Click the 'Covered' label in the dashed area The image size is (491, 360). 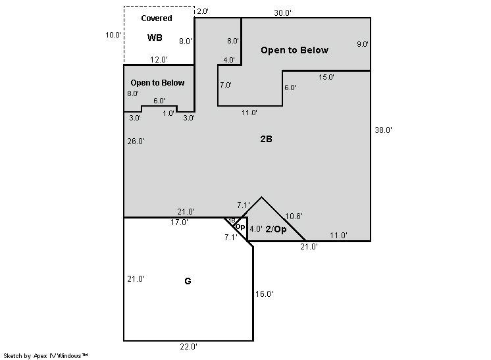coord(157,18)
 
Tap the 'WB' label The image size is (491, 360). coord(155,38)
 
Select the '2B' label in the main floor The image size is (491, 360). coord(266,139)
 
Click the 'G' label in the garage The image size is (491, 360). coord(188,281)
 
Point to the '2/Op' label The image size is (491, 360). coord(276,229)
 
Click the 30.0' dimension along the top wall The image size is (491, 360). coord(283,13)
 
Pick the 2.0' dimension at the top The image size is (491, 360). coord(203,11)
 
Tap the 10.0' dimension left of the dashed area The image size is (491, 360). coord(113,35)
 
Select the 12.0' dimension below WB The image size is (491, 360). coord(159,59)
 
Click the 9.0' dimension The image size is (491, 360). coord(363,44)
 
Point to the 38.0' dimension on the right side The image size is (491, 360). coord(383,130)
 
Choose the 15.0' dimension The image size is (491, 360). coord(326,77)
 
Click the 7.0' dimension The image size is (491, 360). coord(226,85)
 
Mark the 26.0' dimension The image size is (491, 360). coord(136,141)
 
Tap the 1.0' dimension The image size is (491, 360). coord(168,113)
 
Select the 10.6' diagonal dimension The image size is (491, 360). coord(294,217)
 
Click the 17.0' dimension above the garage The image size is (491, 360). coord(179,222)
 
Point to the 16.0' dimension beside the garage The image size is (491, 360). coord(264,294)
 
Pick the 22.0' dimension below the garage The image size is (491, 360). coord(188,347)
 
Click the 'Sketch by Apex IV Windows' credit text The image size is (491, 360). coord(45,355)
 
